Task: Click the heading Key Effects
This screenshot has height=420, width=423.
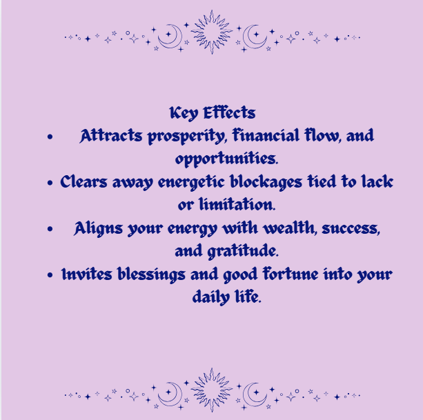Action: tap(212, 112)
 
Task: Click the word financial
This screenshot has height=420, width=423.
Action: tap(262, 136)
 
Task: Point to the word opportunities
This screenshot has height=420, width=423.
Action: tap(226, 159)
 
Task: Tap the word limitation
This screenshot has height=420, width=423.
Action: tap(236, 206)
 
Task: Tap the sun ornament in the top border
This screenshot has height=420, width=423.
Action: tap(211, 32)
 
